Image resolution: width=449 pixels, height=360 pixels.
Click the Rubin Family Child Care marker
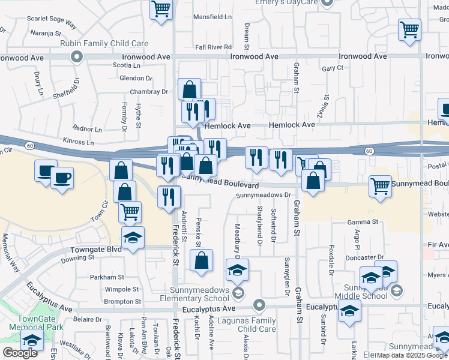76,57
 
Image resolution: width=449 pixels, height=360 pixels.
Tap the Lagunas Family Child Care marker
259,305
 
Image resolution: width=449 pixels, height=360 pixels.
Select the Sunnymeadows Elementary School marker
238,293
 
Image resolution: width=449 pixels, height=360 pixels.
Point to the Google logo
20,352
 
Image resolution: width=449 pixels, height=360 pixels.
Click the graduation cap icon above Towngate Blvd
133,238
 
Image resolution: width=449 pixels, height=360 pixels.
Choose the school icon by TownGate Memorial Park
31,340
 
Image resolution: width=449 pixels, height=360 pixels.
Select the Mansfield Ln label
211,17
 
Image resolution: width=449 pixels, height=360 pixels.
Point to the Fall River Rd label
213,47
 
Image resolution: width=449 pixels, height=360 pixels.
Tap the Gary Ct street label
332,68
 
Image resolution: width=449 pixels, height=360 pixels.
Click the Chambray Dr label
148,92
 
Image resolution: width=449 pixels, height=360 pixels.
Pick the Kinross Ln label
77,143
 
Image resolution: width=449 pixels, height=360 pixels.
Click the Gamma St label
366,221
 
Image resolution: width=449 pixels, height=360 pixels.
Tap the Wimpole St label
105,289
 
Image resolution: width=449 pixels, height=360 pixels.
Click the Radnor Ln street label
88,129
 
